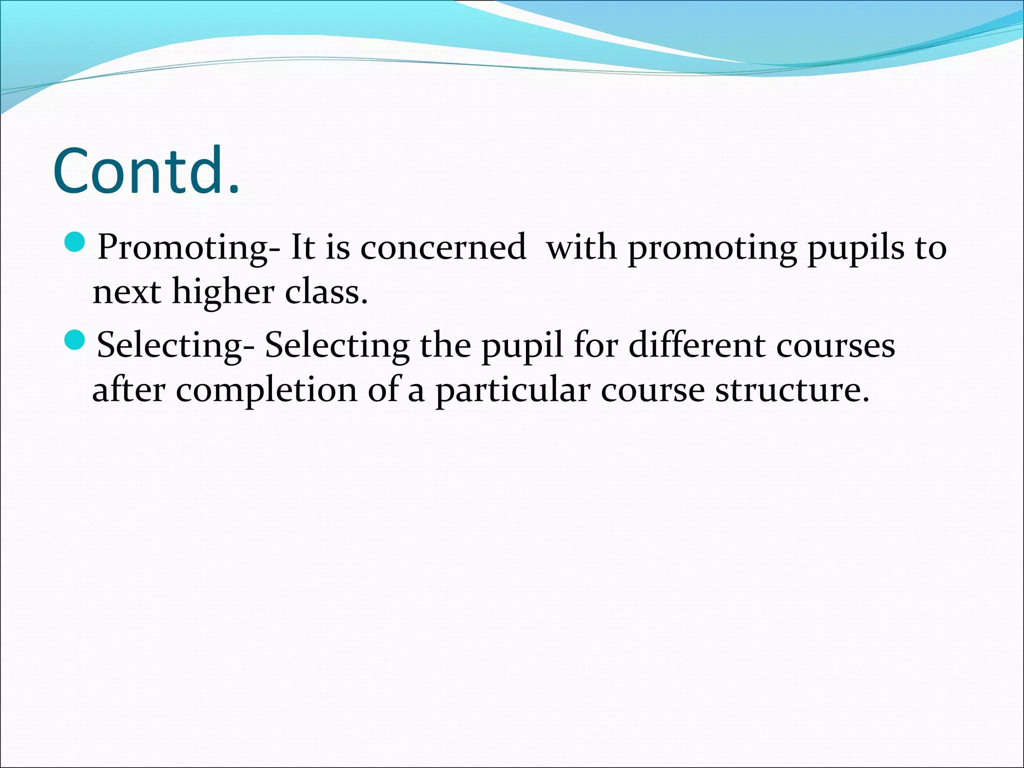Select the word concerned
443,247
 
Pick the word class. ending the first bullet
326,291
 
